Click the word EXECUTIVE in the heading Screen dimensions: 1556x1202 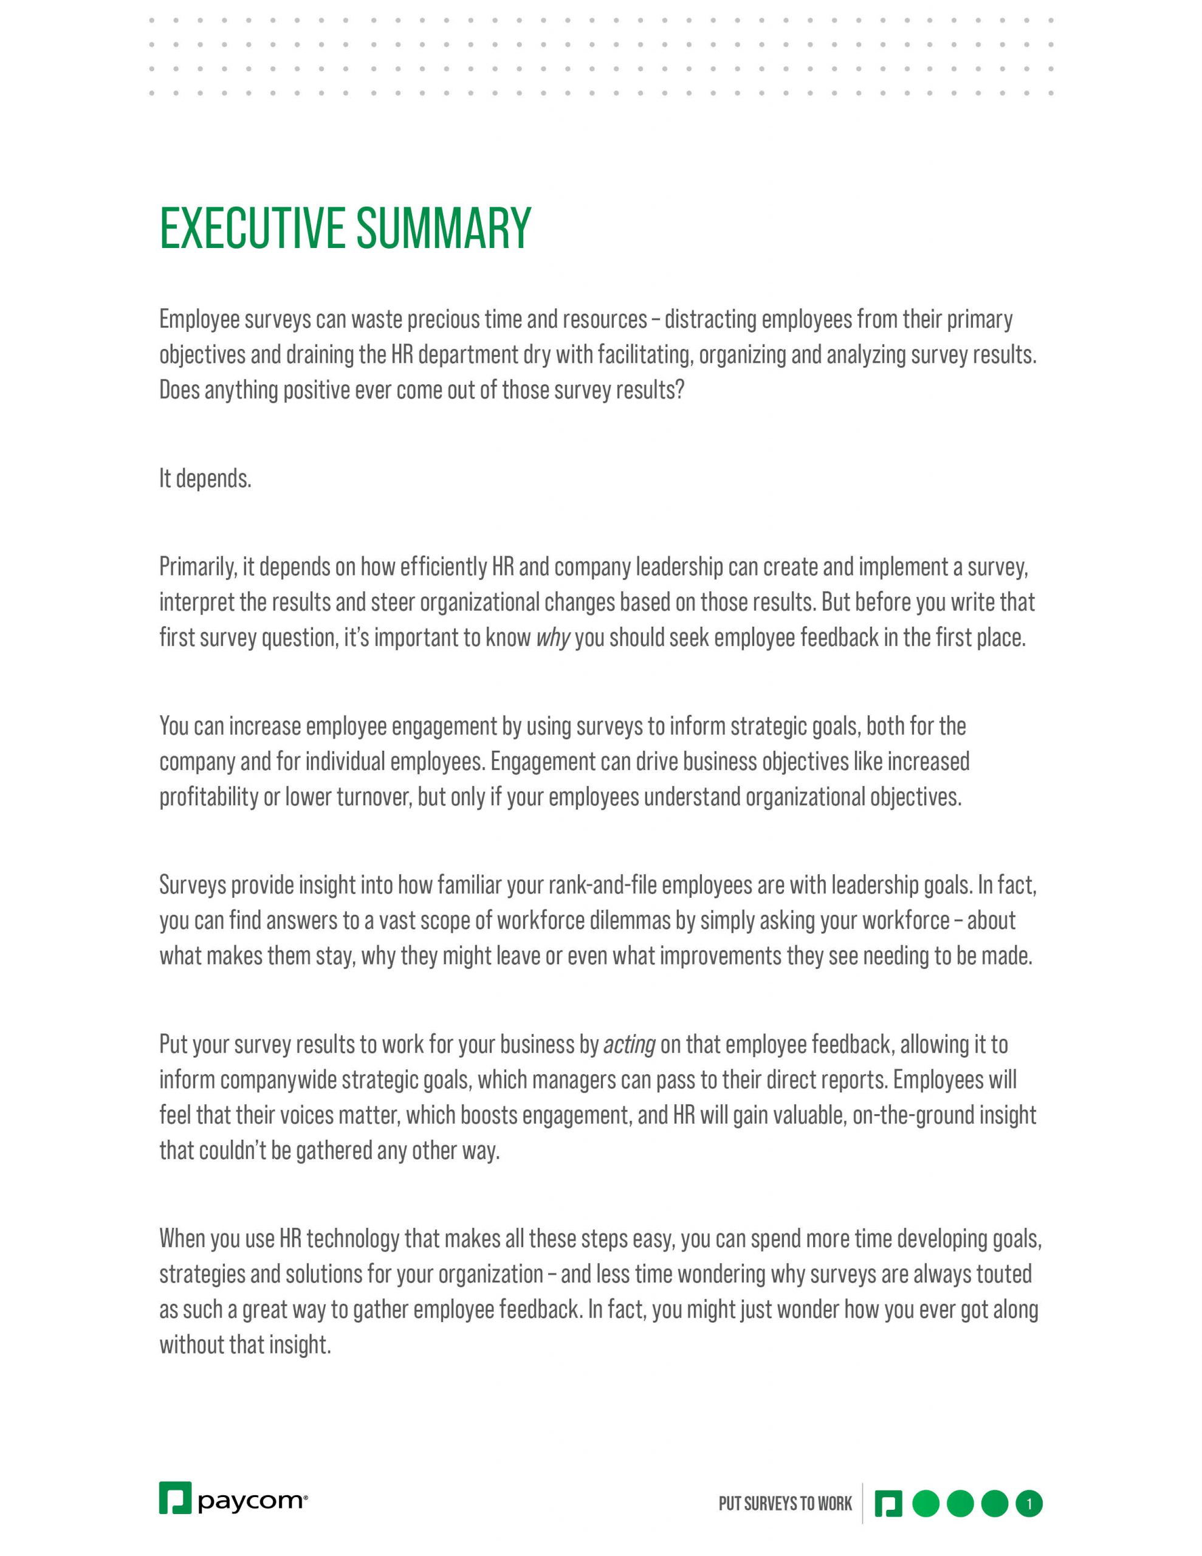coord(252,229)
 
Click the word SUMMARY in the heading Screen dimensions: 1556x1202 coord(443,229)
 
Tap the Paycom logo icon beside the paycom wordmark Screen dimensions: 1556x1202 coord(175,1497)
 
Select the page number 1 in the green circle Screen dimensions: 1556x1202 coord(1028,1503)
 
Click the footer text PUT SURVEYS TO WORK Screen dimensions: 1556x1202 coord(785,1503)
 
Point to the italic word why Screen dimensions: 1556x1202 coord(552,638)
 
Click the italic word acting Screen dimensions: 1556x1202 coord(628,1044)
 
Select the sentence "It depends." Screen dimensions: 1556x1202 coord(205,479)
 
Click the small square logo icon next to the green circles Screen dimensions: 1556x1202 coord(888,1503)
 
